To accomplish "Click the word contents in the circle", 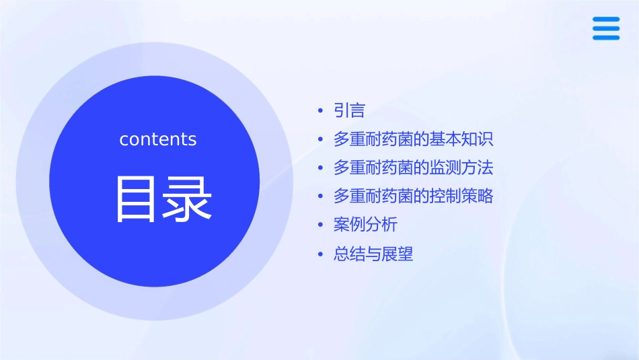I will (x=158, y=139).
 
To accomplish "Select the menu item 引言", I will (x=349, y=110).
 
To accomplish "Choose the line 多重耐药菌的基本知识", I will (x=413, y=139).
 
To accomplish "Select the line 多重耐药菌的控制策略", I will (x=413, y=196).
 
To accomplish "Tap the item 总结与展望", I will (x=373, y=254).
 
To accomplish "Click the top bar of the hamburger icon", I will (x=606, y=20).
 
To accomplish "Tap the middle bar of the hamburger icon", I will (x=606, y=28).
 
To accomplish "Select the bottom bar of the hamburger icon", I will (x=606, y=37).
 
